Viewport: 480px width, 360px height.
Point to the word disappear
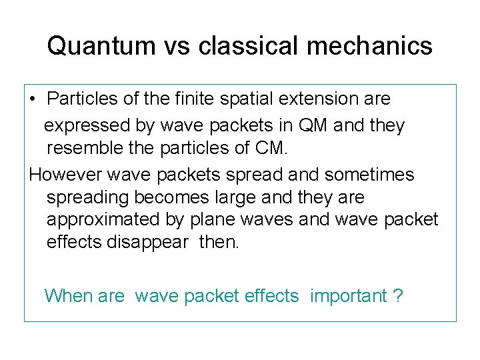click(147, 242)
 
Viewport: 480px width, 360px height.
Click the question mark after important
click(399, 295)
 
